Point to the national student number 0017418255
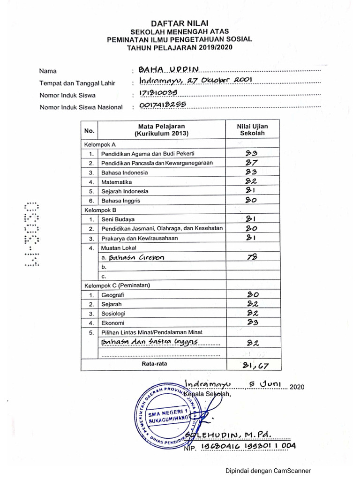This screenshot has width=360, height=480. pyautogui.click(x=159, y=105)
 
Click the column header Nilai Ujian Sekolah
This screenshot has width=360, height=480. pyautogui.click(x=253, y=130)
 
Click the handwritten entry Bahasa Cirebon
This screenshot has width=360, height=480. pyautogui.click(x=136, y=257)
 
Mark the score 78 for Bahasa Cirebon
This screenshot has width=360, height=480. pyautogui.click(x=253, y=257)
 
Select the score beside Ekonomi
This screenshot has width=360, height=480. pyautogui.click(x=253, y=323)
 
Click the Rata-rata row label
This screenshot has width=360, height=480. pyautogui.click(x=154, y=363)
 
